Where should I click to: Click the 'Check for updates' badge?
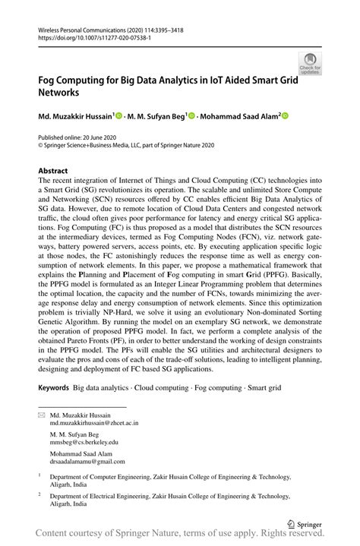tap(309, 64)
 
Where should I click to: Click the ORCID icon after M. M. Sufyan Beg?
tap(192, 116)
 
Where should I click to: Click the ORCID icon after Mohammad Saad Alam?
tap(286, 116)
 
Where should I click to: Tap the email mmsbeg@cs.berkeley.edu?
tap(84, 441)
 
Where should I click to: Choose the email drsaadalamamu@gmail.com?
tap(87, 461)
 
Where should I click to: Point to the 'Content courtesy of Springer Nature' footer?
tap(180, 538)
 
